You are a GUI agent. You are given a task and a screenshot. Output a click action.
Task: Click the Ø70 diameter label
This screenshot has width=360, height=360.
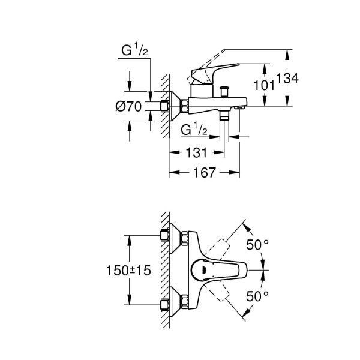coord(128,107)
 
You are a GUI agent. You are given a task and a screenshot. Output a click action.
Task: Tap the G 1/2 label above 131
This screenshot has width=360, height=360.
coord(193,129)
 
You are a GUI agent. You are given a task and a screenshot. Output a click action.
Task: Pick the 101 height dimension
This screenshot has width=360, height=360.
coord(264,85)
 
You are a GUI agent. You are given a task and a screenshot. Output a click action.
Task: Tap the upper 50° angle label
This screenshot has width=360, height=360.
coord(257,244)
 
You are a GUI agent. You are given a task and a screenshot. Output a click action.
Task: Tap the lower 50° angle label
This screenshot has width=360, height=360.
coord(257,296)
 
